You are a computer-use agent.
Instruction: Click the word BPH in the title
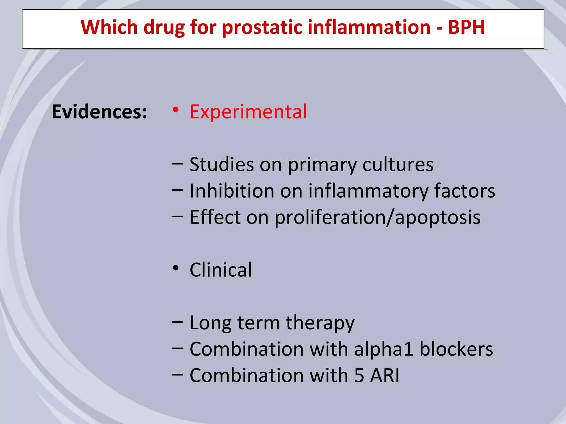466,27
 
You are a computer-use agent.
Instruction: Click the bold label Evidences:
99,112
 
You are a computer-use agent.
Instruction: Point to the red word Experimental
248,112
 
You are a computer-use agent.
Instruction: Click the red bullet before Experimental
175,110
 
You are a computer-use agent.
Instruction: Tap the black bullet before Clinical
175,268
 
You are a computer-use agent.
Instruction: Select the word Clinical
221,270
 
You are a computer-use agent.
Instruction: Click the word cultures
398,165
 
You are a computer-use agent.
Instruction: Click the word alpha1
383,349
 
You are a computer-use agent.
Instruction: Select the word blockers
456,349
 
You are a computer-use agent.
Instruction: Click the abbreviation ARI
385,376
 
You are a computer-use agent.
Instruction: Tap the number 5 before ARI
359,376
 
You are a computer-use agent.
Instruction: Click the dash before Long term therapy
177,322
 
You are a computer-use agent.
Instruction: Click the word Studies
221,165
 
